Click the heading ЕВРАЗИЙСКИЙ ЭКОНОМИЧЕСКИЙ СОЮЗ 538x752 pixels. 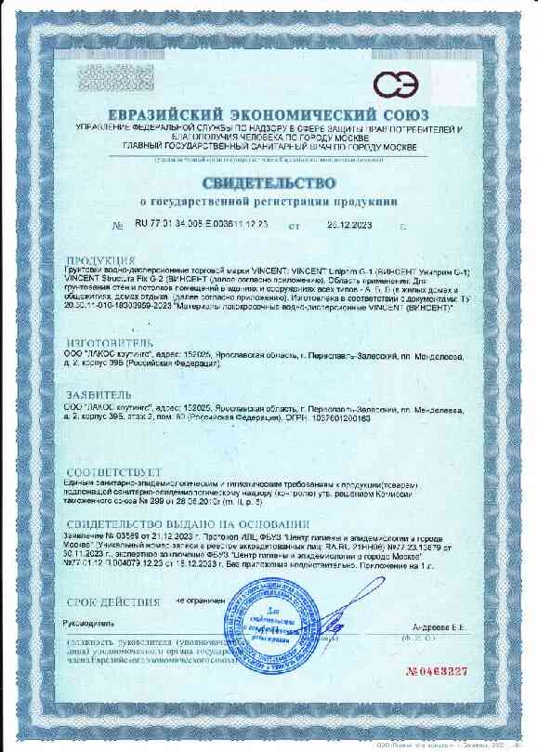point(268,115)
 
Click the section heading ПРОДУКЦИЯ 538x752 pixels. point(101,260)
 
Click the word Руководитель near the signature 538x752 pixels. point(89,623)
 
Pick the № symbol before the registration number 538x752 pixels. point(116,226)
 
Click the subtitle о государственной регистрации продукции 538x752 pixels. point(269,200)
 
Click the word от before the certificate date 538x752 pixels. point(295,226)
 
